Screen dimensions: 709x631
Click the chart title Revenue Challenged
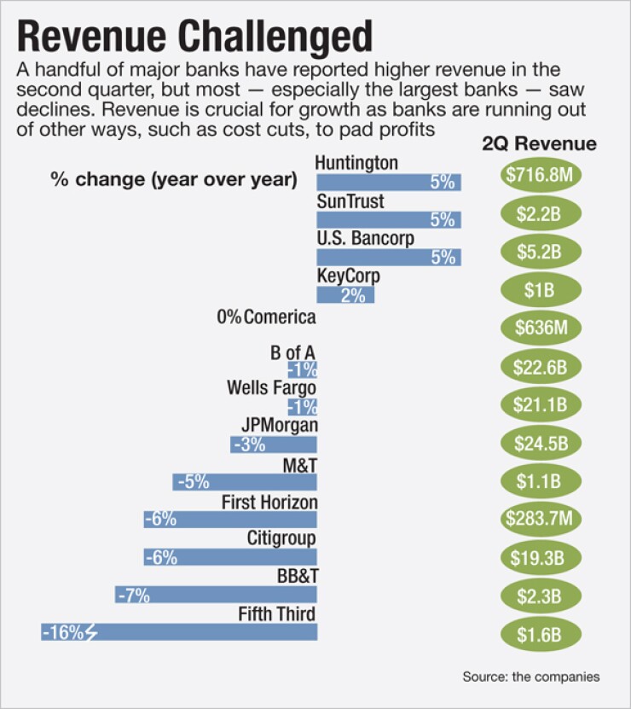pos(195,38)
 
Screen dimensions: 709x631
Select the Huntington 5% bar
pos(389,182)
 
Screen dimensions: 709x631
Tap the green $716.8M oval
pos(540,175)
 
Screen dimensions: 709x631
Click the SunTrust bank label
pos(350,201)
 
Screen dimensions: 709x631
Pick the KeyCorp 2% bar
pos(345,295)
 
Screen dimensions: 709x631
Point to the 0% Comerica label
pos(266,317)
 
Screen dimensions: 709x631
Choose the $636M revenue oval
pos(540,328)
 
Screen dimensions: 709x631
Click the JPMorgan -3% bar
pos(274,445)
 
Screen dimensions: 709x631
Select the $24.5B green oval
pos(540,442)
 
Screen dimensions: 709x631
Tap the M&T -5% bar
pos(245,482)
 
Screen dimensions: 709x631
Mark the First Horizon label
pos(269,503)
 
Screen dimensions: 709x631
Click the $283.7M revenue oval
pos(540,518)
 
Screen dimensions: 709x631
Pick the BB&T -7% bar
pos(217,595)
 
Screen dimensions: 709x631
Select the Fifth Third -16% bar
pos(179,632)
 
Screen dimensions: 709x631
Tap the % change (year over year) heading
pos(173,180)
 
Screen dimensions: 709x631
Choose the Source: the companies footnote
pos(531,677)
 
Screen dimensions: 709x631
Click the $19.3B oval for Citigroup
pos(540,556)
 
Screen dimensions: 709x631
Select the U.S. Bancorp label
pos(365,239)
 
